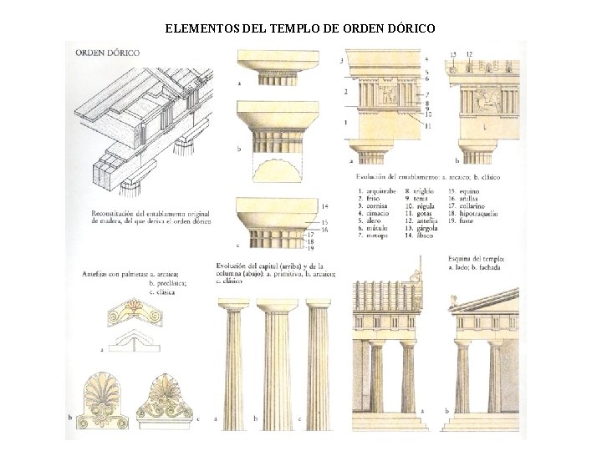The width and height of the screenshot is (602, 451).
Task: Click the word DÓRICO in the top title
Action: pyautogui.click(x=405, y=29)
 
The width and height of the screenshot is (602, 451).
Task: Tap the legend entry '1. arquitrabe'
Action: pyautogui.click(x=378, y=192)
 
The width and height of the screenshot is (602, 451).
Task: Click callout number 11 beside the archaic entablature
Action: pyautogui.click(x=428, y=125)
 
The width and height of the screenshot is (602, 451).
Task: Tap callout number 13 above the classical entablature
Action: pyautogui.click(x=452, y=55)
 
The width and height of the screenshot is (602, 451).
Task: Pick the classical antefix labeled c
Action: pyautogui.click(x=171, y=404)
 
